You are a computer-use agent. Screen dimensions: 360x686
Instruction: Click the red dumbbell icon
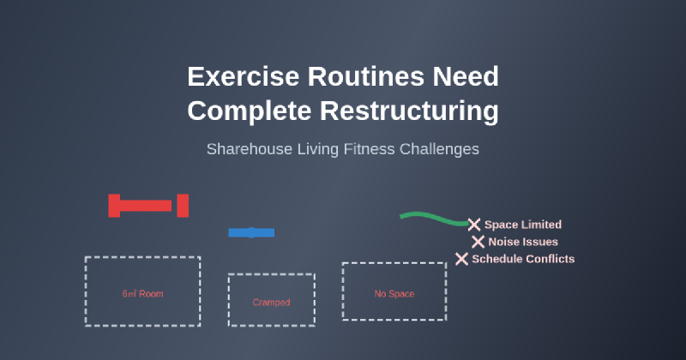coord(147,206)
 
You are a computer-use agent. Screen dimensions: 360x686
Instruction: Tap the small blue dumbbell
coord(251,232)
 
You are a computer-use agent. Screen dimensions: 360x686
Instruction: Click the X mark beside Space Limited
coord(473,225)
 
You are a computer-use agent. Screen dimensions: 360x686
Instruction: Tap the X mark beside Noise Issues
coord(478,242)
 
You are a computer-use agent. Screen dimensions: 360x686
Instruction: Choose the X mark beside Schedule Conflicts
coord(461,259)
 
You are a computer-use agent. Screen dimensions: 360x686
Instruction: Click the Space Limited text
coord(523,225)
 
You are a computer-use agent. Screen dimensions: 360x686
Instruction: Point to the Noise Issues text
coord(523,242)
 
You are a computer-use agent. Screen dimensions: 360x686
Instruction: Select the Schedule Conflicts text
coord(523,259)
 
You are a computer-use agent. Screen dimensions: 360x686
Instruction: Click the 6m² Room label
coord(142,294)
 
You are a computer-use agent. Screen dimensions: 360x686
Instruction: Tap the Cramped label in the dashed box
coord(271,303)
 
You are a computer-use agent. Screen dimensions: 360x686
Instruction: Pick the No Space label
coord(394,294)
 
